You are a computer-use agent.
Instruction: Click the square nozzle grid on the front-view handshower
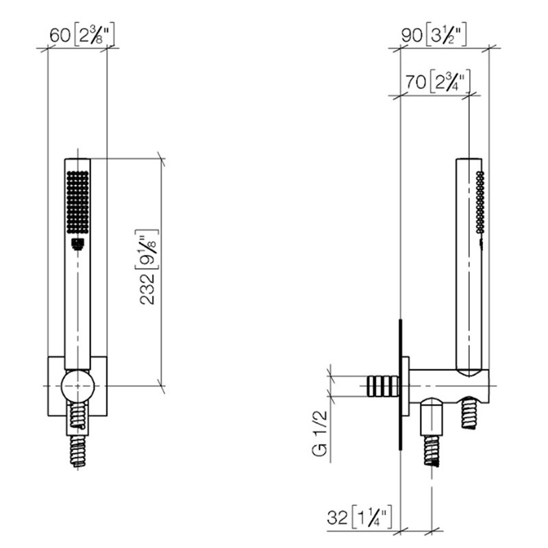77,201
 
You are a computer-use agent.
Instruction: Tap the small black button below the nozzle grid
77,244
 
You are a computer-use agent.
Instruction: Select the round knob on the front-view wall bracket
77,386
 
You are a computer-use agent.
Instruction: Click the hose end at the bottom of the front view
78,451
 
